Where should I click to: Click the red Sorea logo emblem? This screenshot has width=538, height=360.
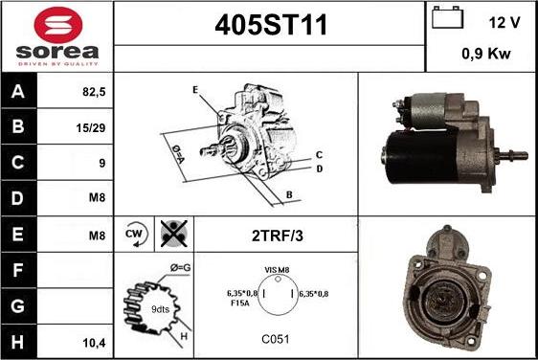[x=58, y=25]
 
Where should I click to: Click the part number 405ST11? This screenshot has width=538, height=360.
[x=271, y=25]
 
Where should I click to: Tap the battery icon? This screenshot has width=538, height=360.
[x=447, y=17]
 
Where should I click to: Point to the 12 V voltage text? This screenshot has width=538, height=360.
[x=504, y=23]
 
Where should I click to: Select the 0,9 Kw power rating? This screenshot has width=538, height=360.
[x=486, y=54]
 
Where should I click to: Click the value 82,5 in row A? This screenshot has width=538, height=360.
[x=94, y=92]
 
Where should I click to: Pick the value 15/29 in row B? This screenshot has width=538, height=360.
[x=91, y=128]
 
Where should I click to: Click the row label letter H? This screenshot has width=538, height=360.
[x=17, y=342]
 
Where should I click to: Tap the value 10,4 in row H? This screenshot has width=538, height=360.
[x=95, y=343]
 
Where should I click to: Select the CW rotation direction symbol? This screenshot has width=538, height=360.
[x=135, y=234]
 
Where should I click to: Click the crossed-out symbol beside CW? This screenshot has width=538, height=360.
[x=174, y=234]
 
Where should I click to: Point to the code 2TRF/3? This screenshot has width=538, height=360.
[x=278, y=236]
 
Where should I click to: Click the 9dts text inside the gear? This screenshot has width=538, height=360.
[x=160, y=309]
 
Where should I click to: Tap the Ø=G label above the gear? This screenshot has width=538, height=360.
[x=181, y=267]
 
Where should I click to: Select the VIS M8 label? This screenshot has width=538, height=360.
[x=277, y=270]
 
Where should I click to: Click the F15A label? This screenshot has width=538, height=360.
[x=240, y=303]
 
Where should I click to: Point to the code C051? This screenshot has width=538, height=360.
[x=276, y=339]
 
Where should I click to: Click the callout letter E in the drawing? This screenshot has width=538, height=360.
[x=195, y=90]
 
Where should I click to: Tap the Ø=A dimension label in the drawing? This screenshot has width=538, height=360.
[x=178, y=154]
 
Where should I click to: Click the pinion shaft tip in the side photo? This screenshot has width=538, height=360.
[x=525, y=155]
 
